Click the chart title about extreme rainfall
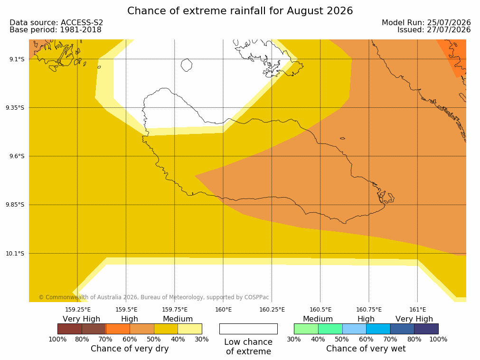pyautogui.click(x=240, y=11)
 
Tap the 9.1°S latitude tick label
pyautogui.click(x=17, y=59)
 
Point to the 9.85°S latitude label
pyautogui.click(x=15, y=205)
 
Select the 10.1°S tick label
pyautogui.click(x=15, y=253)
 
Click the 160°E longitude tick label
pyautogui.click(x=223, y=310)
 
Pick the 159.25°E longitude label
pyautogui.click(x=78, y=310)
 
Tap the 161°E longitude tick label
pyautogui.click(x=417, y=310)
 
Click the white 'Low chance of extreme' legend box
pyautogui.click(x=249, y=329)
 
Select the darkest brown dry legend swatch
pyautogui.click(x=70, y=329)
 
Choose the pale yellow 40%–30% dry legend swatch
pyautogui.click(x=190, y=329)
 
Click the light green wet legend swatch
pyautogui.click(x=306, y=329)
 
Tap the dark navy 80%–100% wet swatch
pyautogui.click(x=426, y=329)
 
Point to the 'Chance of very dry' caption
pyautogui.click(x=130, y=349)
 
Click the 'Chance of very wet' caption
pyautogui.click(x=366, y=349)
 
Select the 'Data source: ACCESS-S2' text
pyautogui.click(x=56, y=23)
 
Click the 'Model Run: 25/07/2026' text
pyautogui.click(x=426, y=23)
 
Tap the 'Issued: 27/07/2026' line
pyautogui.click(x=434, y=30)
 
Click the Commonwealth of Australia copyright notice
pyautogui.click(x=154, y=297)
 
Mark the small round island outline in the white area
pyautogui.click(x=187, y=65)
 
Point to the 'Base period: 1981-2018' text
pyautogui.click(x=56, y=30)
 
